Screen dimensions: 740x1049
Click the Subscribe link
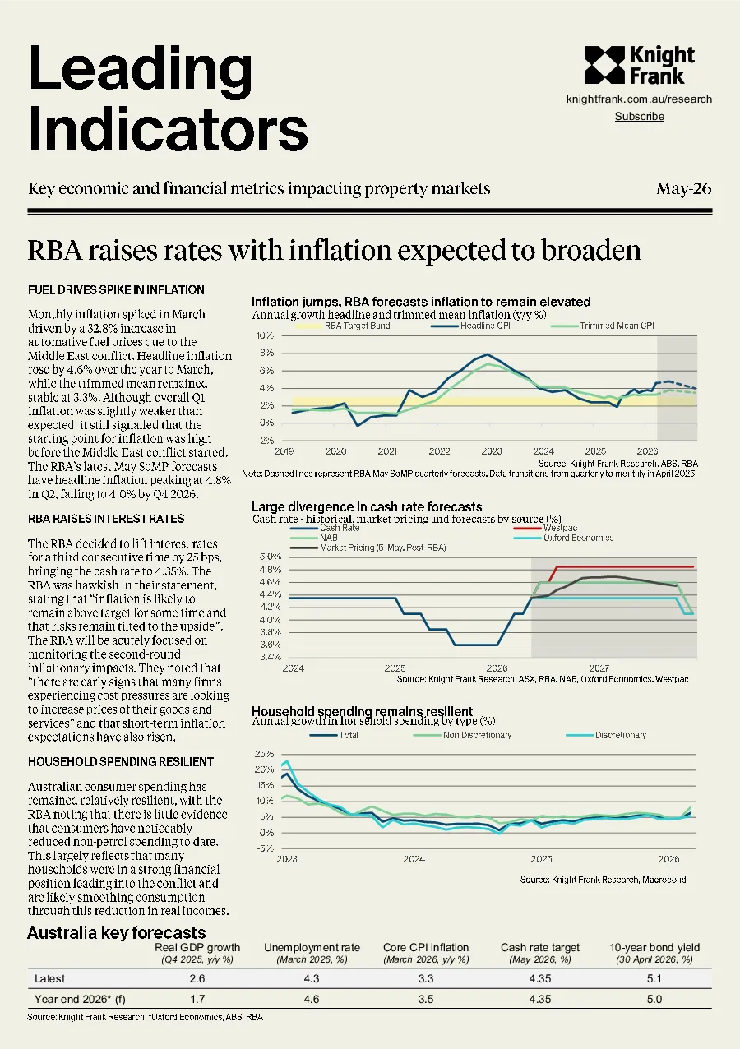tap(640, 116)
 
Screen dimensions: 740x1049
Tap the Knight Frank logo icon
tap(604, 65)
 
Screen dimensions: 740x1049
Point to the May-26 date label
tap(684, 189)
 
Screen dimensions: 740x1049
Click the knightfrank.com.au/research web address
tap(639, 99)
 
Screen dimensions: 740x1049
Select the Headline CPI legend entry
tap(470, 326)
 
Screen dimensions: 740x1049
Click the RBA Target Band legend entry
tap(343, 326)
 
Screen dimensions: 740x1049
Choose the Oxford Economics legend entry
tap(563, 538)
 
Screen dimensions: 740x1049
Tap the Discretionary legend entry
tap(606, 735)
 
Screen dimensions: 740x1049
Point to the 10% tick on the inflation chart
tap(265, 335)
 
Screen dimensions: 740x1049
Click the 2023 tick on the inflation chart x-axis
tap(492, 451)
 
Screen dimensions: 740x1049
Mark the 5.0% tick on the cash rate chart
tap(271, 557)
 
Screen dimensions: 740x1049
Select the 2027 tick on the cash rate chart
tap(599, 668)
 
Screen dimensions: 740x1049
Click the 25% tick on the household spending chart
tap(264, 754)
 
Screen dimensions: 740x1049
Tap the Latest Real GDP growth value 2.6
tap(197, 978)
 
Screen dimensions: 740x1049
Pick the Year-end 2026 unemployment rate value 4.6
tap(312, 999)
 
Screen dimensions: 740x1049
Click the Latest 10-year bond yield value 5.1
tap(654, 978)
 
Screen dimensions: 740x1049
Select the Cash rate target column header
tap(540, 947)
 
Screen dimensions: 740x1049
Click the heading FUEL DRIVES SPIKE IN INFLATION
tap(116, 290)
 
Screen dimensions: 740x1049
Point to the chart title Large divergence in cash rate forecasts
tap(367, 506)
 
